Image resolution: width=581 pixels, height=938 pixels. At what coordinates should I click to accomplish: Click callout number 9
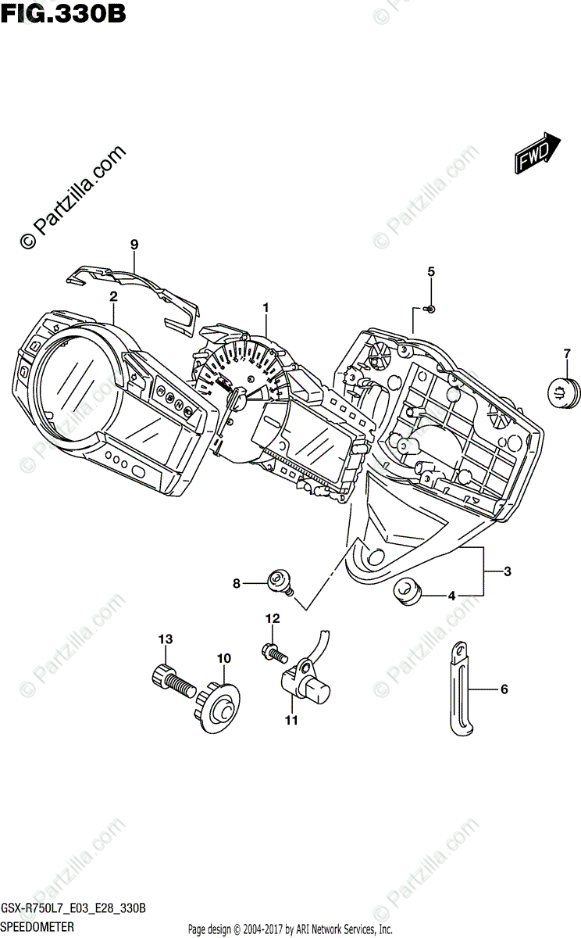tap(134, 245)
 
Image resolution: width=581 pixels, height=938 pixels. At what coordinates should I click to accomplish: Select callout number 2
tap(113, 296)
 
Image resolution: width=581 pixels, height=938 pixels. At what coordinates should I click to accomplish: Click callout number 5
tap(430, 271)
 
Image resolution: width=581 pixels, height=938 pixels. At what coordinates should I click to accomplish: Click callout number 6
tap(504, 689)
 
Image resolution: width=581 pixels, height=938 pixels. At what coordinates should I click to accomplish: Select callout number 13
tap(165, 639)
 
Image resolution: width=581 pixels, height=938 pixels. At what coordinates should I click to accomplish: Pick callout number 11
tap(291, 721)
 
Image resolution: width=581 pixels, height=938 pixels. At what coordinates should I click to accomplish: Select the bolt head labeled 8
tap(276, 581)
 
